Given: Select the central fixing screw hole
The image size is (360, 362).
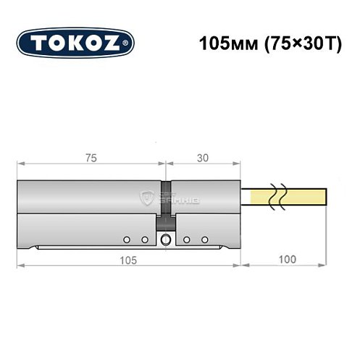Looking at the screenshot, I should [166, 240].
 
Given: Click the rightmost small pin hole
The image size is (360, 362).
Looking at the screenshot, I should [205, 239].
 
